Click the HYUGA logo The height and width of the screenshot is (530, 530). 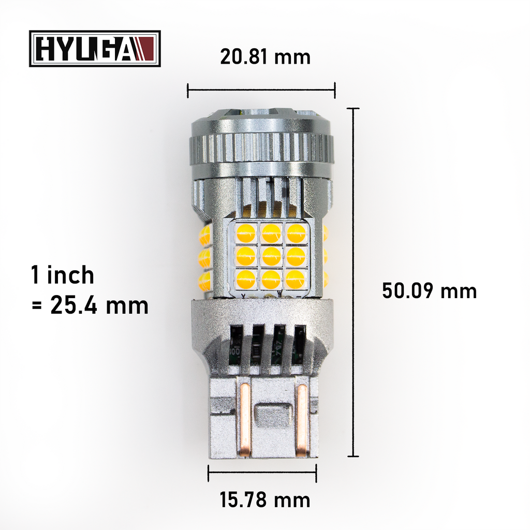click(x=95, y=49)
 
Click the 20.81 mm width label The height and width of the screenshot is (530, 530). click(x=265, y=56)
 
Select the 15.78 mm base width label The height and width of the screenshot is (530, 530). click(x=265, y=500)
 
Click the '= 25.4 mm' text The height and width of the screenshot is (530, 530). click(x=90, y=305)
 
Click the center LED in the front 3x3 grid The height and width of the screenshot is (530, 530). click(x=271, y=256)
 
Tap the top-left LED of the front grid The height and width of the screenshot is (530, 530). click(x=246, y=232)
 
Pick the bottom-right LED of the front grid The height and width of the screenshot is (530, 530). click(x=296, y=279)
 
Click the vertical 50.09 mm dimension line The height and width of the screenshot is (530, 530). click(x=354, y=282)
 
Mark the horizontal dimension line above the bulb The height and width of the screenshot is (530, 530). click(x=261, y=90)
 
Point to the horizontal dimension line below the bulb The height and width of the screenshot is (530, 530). click(x=262, y=473)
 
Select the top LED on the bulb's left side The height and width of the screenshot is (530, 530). click(x=205, y=235)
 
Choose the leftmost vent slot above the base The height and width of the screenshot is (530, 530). click(x=236, y=344)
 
